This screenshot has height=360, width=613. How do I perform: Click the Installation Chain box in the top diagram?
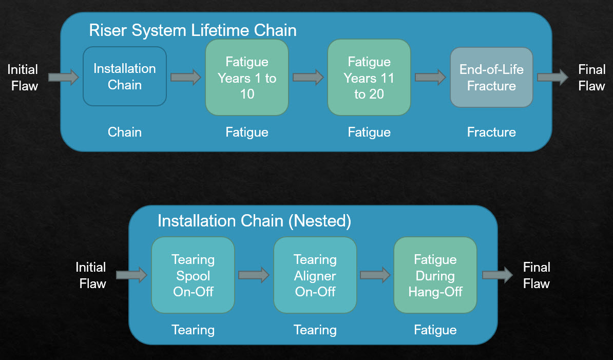125,77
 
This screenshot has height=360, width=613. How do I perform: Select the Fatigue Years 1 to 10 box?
247,78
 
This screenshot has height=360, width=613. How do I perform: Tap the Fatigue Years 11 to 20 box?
369,78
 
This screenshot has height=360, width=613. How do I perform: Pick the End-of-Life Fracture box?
491,78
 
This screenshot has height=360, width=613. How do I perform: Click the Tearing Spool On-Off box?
193,275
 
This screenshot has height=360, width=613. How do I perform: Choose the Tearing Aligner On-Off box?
315,275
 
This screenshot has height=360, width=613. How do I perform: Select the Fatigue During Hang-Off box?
435,275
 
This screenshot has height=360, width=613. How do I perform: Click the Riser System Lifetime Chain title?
193,30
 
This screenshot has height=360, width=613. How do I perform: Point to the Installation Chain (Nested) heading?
254,221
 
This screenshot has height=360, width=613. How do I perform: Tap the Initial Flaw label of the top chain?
23,78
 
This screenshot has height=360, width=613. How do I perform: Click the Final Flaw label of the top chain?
591,78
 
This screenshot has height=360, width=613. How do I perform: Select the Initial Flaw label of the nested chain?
91,275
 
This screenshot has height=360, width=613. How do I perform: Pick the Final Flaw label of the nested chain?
537,275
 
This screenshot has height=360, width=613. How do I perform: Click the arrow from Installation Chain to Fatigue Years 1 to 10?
186,78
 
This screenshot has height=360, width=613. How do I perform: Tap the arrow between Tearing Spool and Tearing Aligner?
254,275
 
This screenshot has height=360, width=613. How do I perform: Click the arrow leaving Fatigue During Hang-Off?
497,275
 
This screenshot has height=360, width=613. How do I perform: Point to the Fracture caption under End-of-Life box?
491,132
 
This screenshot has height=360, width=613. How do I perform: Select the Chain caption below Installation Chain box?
125,132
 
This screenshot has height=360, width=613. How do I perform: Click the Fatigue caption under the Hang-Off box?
435,330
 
